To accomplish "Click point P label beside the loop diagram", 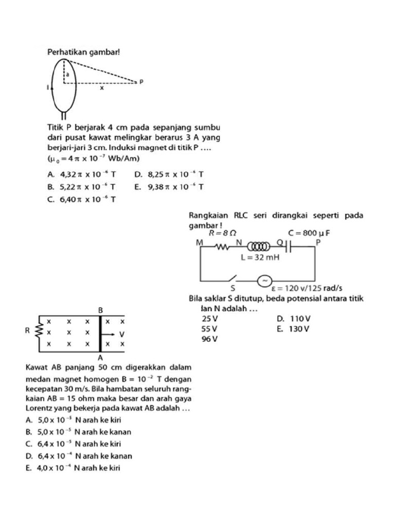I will pos(141,82).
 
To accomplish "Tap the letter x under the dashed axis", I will pos(102,88).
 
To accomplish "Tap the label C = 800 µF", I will pos(309,233).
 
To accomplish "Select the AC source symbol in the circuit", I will pos(264,280).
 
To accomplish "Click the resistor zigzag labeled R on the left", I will pos(38,331).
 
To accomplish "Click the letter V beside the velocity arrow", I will pos(122,334).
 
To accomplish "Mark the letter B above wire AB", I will pos(101,310).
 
